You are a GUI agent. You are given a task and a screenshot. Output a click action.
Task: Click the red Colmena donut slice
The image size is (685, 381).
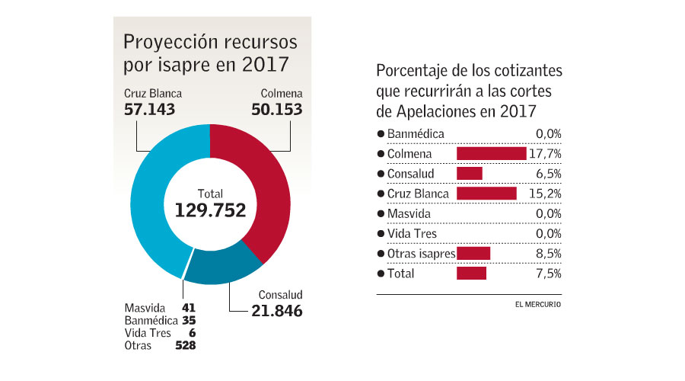tap(266, 183)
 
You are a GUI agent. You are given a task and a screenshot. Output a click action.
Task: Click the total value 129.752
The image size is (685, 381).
tap(210, 210)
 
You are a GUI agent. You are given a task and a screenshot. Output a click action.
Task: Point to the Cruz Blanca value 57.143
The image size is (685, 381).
tap(149, 109)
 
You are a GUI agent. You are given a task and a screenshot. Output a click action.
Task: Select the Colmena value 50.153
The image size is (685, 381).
tap(277, 109)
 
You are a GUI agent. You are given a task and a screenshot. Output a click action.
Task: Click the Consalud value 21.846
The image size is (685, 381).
tap(277, 310)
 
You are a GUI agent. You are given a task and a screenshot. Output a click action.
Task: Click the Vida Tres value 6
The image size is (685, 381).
tap(193, 333)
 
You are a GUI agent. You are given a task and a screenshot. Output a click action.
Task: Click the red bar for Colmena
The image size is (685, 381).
tap(491, 154)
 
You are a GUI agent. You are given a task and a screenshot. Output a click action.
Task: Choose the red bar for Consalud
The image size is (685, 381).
tap(469, 174)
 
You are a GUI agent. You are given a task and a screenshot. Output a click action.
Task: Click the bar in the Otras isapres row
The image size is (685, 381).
tap(473, 253)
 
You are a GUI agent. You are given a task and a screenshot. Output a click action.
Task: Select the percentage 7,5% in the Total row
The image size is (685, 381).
tap(548, 273)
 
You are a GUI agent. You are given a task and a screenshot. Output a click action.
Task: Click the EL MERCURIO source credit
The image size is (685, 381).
tap(538, 305)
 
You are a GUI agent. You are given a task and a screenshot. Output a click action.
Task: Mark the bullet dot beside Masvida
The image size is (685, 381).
tap(381, 213)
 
